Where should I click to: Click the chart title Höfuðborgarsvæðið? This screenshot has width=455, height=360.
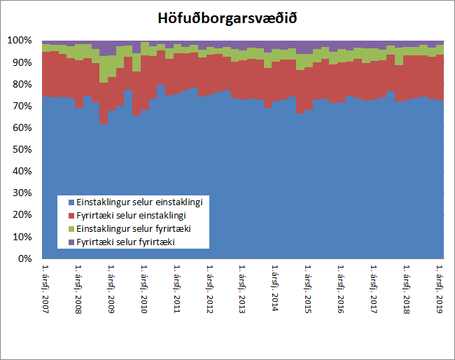pyautogui.click(x=227, y=18)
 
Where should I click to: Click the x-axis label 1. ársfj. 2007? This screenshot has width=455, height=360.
pyautogui.click(x=45, y=289)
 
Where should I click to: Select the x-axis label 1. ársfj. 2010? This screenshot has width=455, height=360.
pyautogui.click(x=143, y=289)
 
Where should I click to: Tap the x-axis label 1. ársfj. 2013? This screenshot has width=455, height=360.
pyautogui.click(x=241, y=289)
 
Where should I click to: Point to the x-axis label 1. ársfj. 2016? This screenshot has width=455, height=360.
pyautogui.click(x=340, y=289)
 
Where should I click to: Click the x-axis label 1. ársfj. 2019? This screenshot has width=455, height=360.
pyautogui.click(x=439, y=289)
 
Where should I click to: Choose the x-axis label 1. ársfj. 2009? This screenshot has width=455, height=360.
pyautogui.click(x=111, y=289)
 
